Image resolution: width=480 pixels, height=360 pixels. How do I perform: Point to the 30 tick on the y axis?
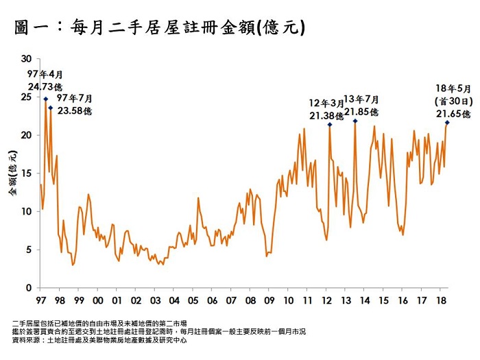[x=27, y=59]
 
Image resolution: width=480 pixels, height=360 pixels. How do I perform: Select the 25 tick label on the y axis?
[x=27, y=97]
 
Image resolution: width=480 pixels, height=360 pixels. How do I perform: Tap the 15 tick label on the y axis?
[x=27, y=173]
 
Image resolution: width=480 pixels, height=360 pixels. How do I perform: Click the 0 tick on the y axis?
[x=29, y=288]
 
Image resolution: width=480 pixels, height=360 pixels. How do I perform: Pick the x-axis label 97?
[x=40, y=300]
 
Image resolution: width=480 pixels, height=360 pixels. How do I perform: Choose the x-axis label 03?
[x=155, y=300]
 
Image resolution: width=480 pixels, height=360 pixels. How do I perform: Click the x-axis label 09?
[x=269, y=300]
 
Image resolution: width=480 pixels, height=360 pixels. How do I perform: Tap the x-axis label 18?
[x=440, y=300]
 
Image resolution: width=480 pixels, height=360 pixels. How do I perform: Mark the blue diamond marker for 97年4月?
[x=45, y=99]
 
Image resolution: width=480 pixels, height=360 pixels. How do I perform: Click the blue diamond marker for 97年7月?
[x=50, y=108]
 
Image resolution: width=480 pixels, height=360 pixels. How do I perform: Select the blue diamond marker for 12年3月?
[x=330, y=124]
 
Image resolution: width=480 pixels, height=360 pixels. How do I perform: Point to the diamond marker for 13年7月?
[x=355, y=121]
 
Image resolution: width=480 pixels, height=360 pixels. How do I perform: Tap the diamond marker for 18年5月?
[x=447, y=123]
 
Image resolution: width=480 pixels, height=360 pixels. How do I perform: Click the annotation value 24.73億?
[x=45, y=86]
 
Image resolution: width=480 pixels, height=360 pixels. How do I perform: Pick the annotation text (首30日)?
[x=453, y=100]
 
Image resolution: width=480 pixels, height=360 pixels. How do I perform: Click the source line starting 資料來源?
[x=99, y=339]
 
